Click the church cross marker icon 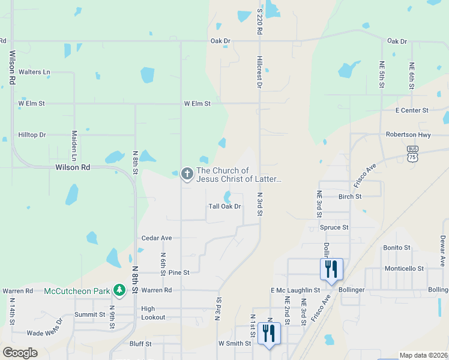click(187, 175)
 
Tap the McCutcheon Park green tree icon click(120, 290)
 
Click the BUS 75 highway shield click(412, 154)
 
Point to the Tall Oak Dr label click(224, 206)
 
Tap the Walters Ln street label click(34, 72)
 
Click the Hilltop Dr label click(32, 135)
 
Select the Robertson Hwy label click(409, 135)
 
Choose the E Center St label click(412, 110)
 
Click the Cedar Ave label click(156, 238)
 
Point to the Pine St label click(178, 272)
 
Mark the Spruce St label click(334, 228)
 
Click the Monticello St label click(404, 269)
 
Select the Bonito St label click(397, 247)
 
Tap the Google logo click(20, 353)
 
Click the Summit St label click(90, 314)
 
